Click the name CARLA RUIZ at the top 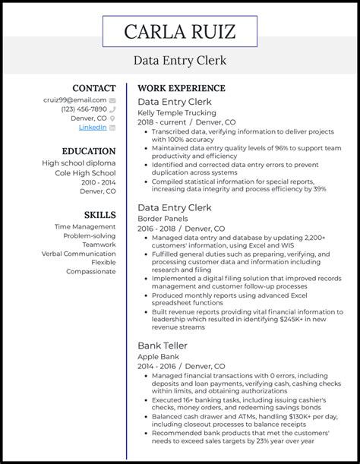click(179, 31)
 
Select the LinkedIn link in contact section click(93, 128)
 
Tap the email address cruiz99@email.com click(74, 99)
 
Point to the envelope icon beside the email click(112, 99)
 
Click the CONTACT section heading click(93, 88)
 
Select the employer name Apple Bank click(157, 355)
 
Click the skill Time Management click(85, 226)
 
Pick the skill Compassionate click(91, 271)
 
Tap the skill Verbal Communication click(79, 253)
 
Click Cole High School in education click(83, 172)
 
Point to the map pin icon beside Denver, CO click(112, 118)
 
